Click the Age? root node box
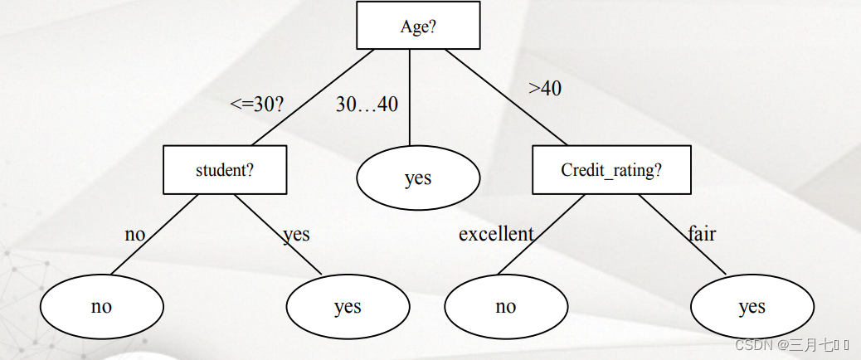(418, 25)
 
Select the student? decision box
(225, 170)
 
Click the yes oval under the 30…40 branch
(418, 178)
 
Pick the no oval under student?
(102, 306)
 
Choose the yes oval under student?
(348, 307)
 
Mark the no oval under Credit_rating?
(506, 306)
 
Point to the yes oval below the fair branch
(752, 307)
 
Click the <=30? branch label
(257, 105)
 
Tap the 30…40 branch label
(367, 105)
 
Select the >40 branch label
(545, 88)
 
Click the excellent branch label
(496, 234)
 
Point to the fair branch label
(702, 233)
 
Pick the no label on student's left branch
(134, 234)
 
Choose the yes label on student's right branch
(296, 234)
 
